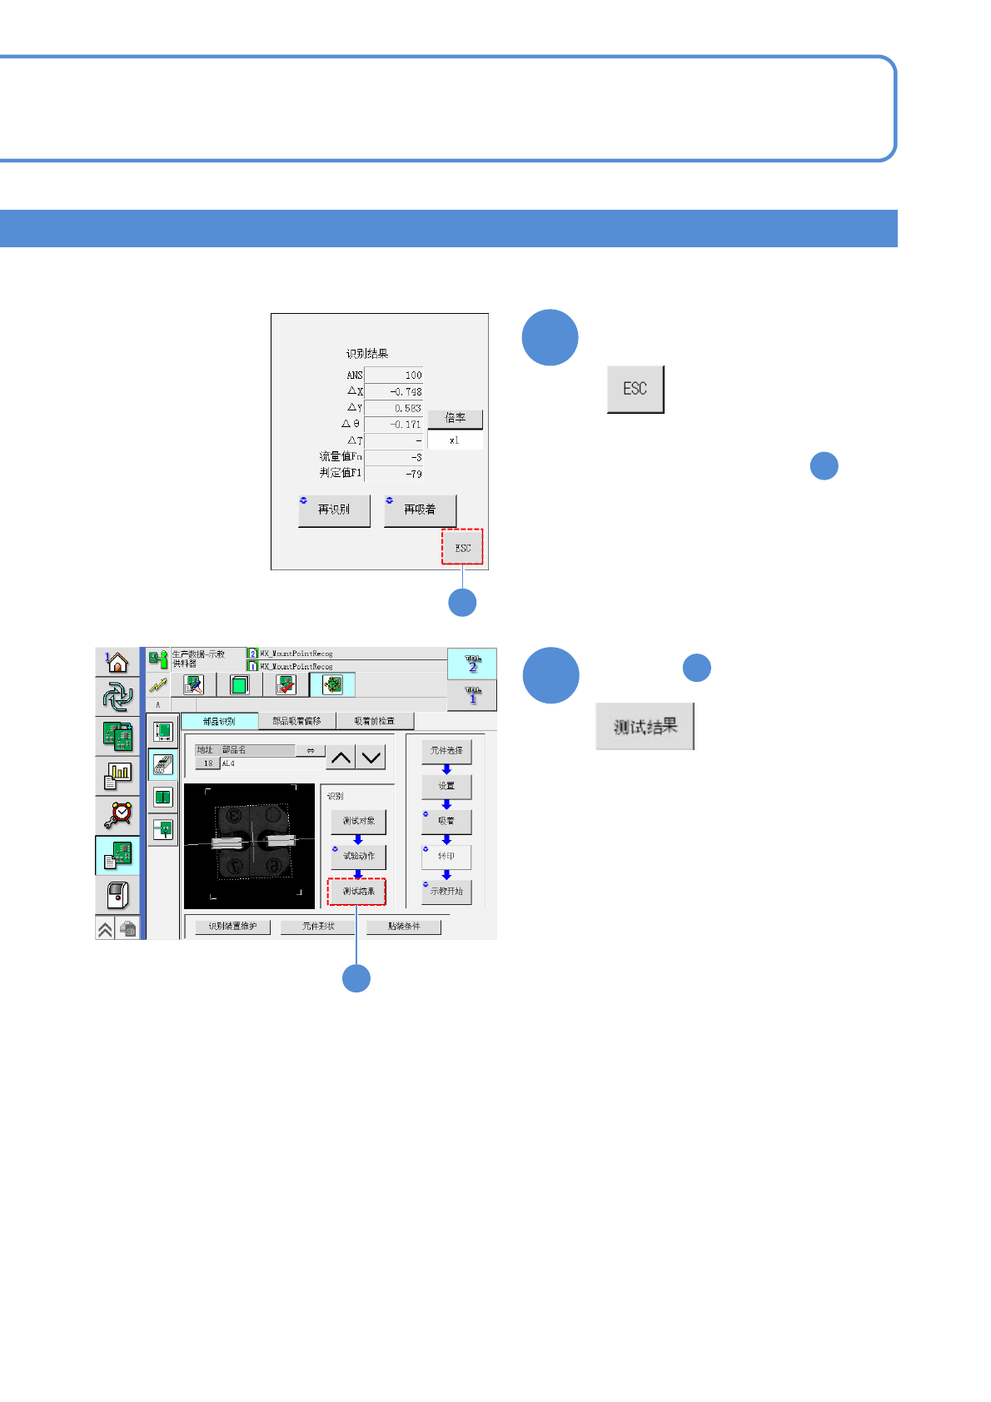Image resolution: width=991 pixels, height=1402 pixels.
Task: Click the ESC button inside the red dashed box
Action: click(x=462, y=547)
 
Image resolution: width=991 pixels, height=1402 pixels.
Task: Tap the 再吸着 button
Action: click(x=420, y=510)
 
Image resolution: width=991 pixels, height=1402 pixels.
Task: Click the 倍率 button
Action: click(x=455, y=418)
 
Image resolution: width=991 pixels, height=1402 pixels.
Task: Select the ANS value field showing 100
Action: click(x=394, y=375)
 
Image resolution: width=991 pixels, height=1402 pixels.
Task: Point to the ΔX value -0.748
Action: click(x=394, y=392)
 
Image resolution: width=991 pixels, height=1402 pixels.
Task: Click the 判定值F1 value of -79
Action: click(x=394, y=474)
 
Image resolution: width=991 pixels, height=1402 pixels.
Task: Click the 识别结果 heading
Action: click(x=367, y=354)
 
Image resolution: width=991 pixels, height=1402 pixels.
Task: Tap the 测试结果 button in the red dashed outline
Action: click(x=357, y=892)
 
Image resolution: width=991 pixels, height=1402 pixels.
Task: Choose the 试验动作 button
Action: click(x=358, y=856)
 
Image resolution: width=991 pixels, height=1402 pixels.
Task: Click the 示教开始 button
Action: click(x=446, y=892)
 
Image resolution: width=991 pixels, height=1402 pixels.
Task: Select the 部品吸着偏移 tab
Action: click(x=296, y=721)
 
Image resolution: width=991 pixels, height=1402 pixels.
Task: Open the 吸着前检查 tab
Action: click(x=374, y=721)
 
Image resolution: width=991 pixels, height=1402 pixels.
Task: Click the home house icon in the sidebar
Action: click(x=117, y=663)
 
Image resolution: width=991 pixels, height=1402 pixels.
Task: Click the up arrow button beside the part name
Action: click(x=341, y=758)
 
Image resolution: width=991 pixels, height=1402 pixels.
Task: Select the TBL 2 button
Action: click(x=472, y=664)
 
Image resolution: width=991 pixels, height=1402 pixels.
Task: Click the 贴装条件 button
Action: click(x=404, y=927)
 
